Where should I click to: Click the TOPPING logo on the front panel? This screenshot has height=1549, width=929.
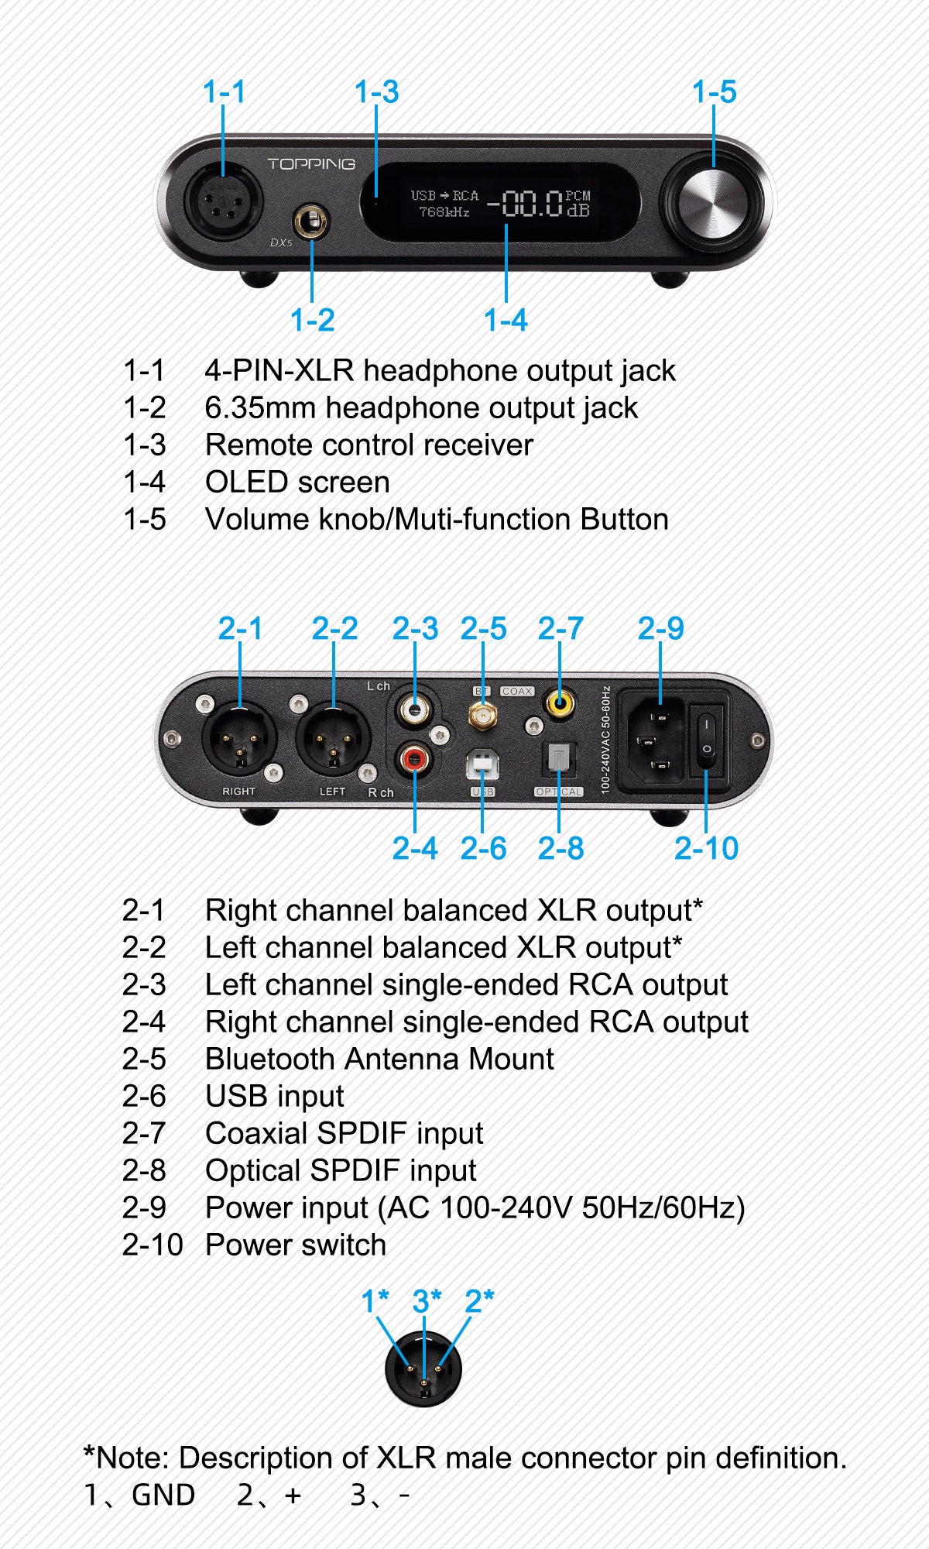[x=310, y=164]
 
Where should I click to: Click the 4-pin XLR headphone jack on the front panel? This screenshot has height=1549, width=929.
[x=223, y=203]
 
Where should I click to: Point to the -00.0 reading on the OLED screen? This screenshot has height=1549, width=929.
[x=524, y=204]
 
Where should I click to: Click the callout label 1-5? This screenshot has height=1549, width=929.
[x=714, y=92]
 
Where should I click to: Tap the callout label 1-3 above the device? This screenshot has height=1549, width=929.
[x=376, y=92]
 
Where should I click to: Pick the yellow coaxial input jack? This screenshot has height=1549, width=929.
[x=560, y=703]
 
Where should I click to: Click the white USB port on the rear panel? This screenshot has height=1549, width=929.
[x=482, y=766]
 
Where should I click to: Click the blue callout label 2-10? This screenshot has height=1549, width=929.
[x=706, y=848]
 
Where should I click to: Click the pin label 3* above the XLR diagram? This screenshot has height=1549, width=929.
[x=427, y=1301]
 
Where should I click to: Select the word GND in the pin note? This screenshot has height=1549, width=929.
[x=163, y=1495]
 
